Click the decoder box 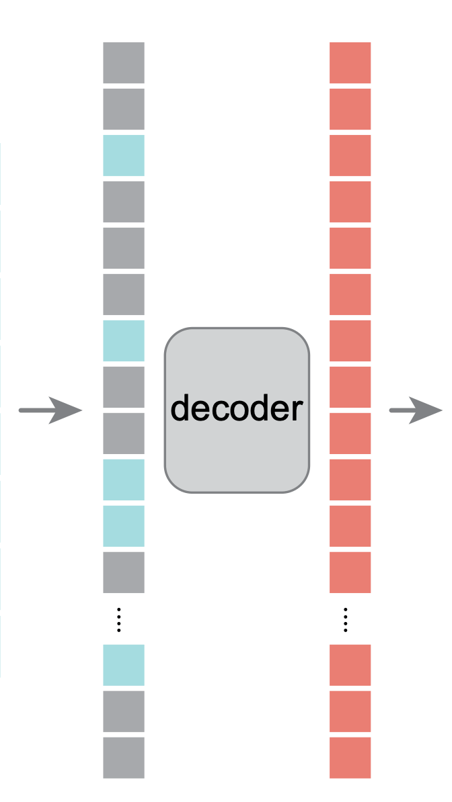237,410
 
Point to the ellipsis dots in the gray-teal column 118,620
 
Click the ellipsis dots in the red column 345,620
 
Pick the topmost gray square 124,62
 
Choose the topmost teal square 124,155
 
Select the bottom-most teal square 124,665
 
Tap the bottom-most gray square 124,758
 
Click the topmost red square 350,62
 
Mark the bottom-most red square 350,758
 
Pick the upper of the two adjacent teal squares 124,480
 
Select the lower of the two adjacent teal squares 124,526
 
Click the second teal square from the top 124,341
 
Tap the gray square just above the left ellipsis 124,572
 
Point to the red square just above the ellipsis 350,572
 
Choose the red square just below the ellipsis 350,665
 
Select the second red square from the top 350,109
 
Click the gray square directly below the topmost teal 124,202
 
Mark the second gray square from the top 124,109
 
